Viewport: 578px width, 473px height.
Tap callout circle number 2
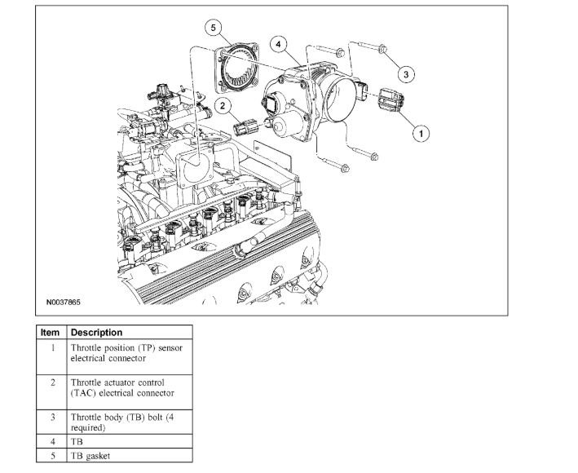(223, 104)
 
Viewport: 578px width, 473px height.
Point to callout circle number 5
(214, 29)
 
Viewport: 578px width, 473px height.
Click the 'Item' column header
(51, 333)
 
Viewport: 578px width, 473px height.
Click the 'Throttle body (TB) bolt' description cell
(130, 422)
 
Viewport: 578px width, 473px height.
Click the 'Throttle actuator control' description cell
(130, 387)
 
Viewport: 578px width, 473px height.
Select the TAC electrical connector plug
(247, 128)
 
